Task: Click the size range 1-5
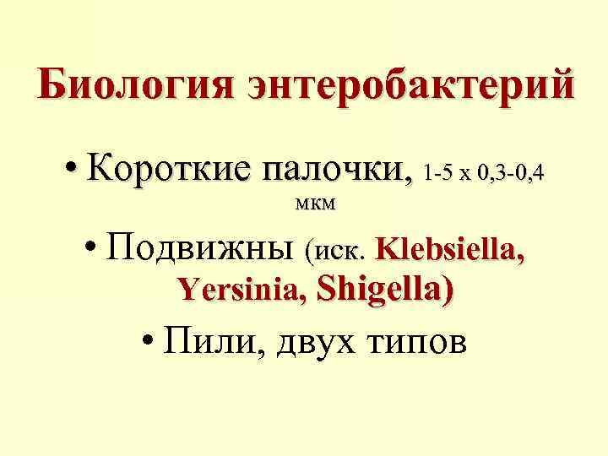coord(440,175)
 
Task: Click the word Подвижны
coord(204,248)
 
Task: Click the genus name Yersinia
coord(241,291)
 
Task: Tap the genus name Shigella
coord(379,290)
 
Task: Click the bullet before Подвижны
coord(94,249)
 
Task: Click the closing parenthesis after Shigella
coord(447,290)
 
